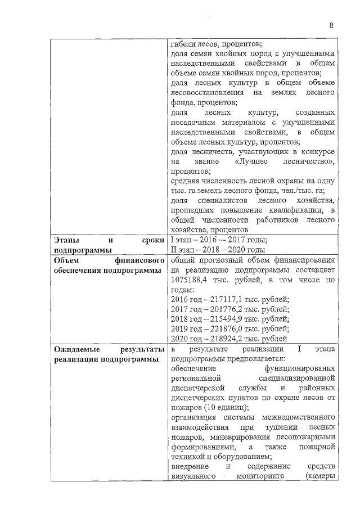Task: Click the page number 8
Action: (x=331, y=25)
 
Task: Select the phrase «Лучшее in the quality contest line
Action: (x=254, y=162)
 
